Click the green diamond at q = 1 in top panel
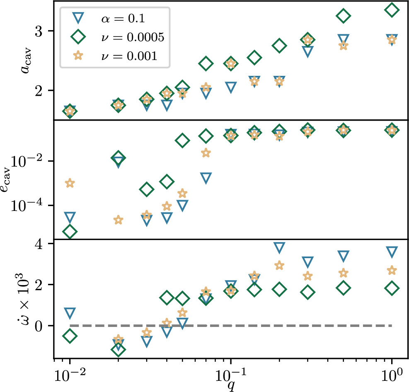392,10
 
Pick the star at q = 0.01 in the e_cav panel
70,183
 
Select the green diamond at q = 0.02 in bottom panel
119,349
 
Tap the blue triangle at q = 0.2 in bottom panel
279,248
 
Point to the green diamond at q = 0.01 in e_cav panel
70,232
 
